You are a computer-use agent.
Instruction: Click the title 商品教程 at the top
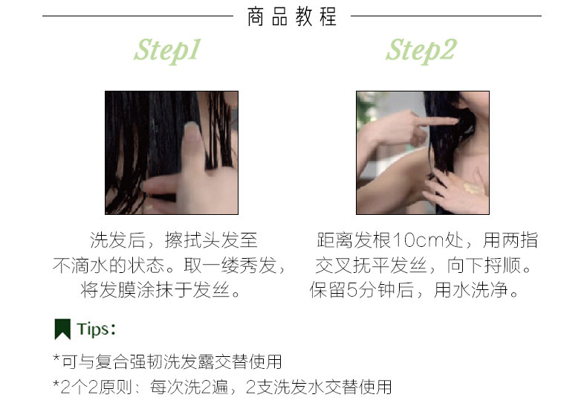click(x=292, y=16)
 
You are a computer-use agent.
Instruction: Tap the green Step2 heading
click(x=421, y=51)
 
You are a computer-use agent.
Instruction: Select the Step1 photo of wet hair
click(x=171, y=152)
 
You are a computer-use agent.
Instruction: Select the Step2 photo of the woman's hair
click(x=422, y=152)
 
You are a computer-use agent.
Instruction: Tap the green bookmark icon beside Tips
click(x=62, y=329)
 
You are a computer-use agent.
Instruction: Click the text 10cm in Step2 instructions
click(x=418, y=241)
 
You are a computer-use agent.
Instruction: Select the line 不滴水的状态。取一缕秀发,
click(x=169, y=265)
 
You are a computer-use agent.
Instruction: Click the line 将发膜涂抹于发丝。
click(x=162, y=290)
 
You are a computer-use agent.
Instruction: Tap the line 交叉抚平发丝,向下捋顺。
click(x=424, y=265)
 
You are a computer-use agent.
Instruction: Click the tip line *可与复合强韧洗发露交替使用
click(x=167, y=362)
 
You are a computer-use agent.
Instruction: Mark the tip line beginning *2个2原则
click(x=221, y=387)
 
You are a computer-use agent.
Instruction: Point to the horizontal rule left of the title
click(x=137, y=16)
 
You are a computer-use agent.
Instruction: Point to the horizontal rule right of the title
click(x=446, y=16)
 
